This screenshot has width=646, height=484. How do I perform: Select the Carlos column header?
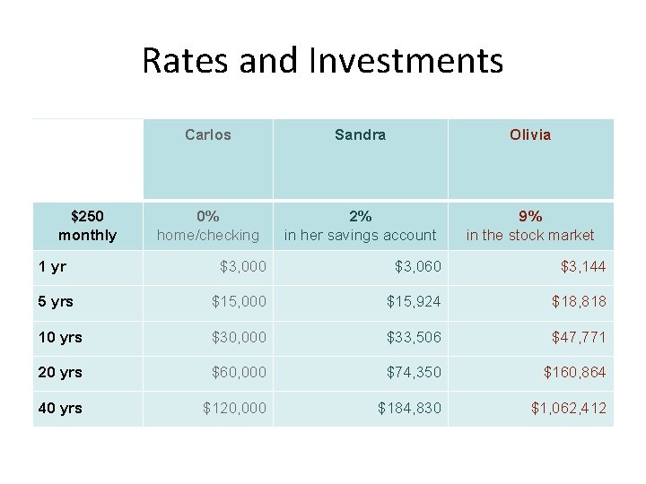[208, 135]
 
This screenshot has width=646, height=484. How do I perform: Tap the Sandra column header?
[360, 135]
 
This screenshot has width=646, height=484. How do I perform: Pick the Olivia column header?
[530, 135]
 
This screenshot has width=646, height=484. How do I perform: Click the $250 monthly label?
[87, 225]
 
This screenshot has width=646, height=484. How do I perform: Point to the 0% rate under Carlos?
[208, 216]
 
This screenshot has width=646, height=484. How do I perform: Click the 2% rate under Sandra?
[360, 216]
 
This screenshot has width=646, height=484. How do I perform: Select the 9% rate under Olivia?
[530, 216]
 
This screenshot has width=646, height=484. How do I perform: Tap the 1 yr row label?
[52, 266]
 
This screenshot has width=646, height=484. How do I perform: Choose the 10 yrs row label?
[60, 337]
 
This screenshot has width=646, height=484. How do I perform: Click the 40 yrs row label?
[60, 408]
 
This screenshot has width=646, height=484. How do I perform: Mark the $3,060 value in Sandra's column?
[418, 266]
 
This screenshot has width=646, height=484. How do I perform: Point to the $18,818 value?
[579, 302]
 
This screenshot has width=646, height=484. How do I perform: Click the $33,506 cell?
[414, 337]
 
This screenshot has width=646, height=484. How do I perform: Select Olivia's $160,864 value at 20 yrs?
[575, 372]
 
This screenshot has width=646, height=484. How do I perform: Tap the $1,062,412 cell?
[569, 408]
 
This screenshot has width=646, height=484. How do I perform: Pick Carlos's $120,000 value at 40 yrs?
[235, 408]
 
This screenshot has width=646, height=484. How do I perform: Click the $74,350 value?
[414, 372]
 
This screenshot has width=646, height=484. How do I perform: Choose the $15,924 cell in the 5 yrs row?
[414, 302]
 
